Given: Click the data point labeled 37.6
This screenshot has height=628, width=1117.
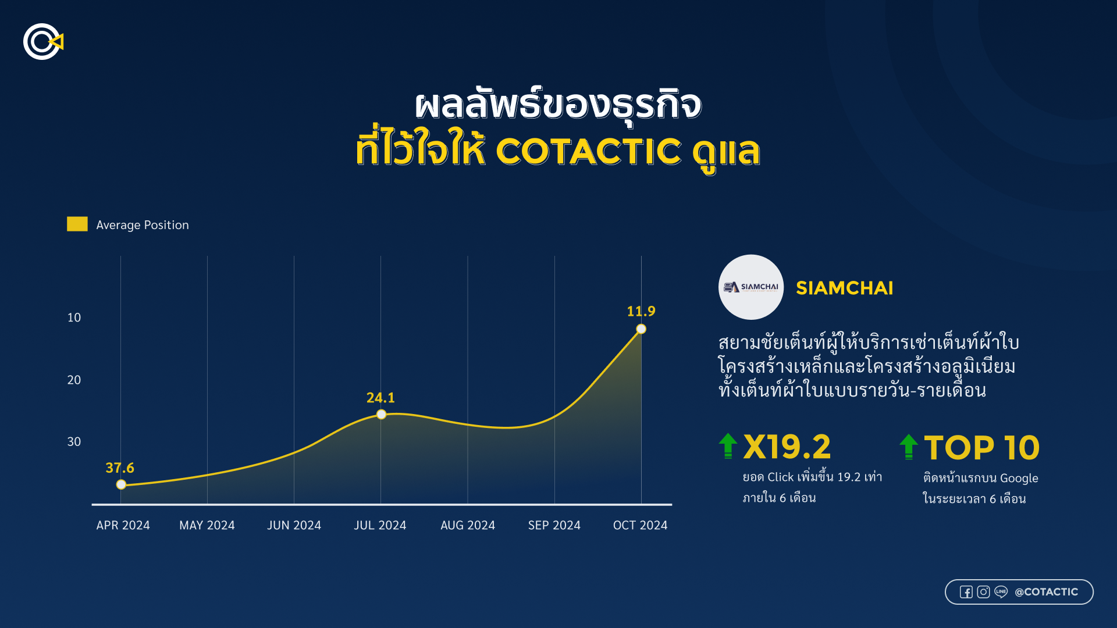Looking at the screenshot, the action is pyautogui.click(x=121, y=484).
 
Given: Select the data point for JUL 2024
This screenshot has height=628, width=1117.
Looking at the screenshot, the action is pyautogui.click(x=381, y=415).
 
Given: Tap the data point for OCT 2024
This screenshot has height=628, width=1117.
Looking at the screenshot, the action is pyautogui.click(x=641, y=329).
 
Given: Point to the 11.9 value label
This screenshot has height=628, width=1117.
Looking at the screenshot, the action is pyautogui.click(x=641, y=311).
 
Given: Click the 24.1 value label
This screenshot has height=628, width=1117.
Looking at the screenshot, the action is pyautogui.click(x=380, y=398).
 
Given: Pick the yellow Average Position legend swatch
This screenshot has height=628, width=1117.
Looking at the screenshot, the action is pyautogui.click(x=77, y=224).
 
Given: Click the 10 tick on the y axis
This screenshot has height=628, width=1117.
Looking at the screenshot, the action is pyautogui.click(x=74, y=317).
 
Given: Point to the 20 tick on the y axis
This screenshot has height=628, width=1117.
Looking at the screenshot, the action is pyautogui.click(x=74, y=380).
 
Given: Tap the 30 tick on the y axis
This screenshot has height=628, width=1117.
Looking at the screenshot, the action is pyautogui.click(x=74, y=441).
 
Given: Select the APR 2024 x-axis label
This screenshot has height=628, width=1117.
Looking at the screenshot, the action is pyautogui.click(x=123, y=525).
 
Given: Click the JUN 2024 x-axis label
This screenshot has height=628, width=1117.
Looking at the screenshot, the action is pyautogui.click(x=294, y=525).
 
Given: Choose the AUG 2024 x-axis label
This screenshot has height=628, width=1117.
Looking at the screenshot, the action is pyautogui.click(x=468, y=525).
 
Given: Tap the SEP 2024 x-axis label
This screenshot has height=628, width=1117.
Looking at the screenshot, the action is pyautogui.click(x=554, y=525).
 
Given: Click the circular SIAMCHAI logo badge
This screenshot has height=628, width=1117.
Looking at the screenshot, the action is pyautogui.click(x=751, y=287).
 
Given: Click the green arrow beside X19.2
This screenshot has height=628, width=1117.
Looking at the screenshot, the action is pyautogui.click(x=728, y=446).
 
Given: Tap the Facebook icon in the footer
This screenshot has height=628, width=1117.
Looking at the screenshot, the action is pyautogui.click(x=966, y=592).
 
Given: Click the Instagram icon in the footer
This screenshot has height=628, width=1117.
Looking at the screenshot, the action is pyautogui.click(x=983, y=592).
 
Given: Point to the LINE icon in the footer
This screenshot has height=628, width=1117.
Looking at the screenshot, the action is pyautogui.click(x=1001, y=592).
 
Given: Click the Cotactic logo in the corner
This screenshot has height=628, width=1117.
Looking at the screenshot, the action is pyautogui.click(x=43, y=42).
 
